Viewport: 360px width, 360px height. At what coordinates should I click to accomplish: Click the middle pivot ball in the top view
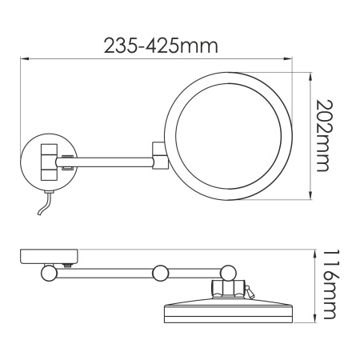159,272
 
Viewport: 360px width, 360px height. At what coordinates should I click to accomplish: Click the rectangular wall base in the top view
48,258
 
